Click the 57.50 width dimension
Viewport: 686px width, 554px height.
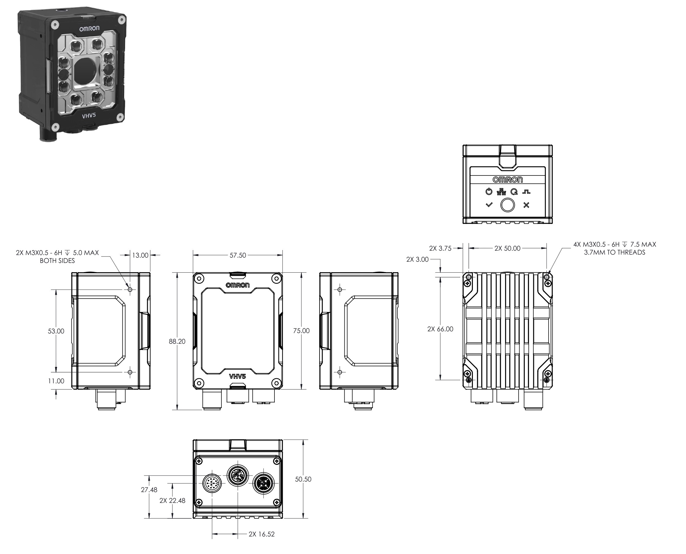[238, 255]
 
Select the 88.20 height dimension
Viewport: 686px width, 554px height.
[177, 341]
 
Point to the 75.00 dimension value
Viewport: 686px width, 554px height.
[301, 331]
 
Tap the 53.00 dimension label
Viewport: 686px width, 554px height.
[56, 331]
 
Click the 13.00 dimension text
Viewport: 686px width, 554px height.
[140, 255]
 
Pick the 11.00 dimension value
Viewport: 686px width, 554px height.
[56, 381]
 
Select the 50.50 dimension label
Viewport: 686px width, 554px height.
[303, 479]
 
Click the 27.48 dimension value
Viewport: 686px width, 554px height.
[149, 490]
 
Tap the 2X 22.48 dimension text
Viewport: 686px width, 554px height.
[172, 500]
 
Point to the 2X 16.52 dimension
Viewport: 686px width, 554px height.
[261, 534]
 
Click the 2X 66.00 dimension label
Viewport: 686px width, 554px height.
[440, 329]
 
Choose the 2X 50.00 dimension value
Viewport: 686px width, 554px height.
[507, 248]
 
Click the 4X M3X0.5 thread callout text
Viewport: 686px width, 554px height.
[615, 244]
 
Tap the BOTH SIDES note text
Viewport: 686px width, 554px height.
[57, 261]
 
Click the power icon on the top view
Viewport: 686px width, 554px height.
[489, 192]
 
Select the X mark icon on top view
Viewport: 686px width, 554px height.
[526, 205]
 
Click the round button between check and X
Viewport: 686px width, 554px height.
[507, 205]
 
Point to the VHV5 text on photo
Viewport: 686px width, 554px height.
[89, 116]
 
